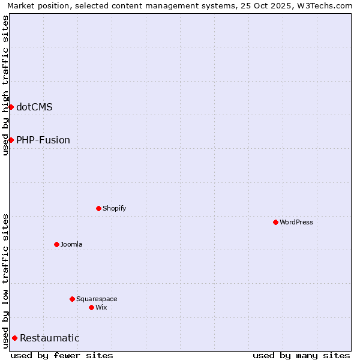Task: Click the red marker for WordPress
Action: (x=275, y=222)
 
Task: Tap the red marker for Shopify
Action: (x=98, y=208)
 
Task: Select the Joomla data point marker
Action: (x=56, y=244)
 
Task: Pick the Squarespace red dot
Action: (x=72, y=299)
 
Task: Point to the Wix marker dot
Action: (x=91, y=307)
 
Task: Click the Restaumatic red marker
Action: (x=14, y=338)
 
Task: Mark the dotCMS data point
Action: (x=11, y=107)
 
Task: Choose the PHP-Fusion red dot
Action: (x=11, y=140)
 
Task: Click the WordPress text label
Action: (x=296, y=222)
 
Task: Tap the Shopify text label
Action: (x=114, y=208)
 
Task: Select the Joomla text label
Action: (x=71, y=244)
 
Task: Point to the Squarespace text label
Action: (x=97, y=299)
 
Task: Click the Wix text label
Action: (x=101, y=307)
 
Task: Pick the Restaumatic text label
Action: (x=50, y=338)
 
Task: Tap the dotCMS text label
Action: (x=34, y=107)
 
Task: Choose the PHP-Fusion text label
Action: (x=43, y=140)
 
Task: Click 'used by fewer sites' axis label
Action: (x=62, y=355)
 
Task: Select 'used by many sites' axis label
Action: (x=301, y=355)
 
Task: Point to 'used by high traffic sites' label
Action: (x=5, y=85)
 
